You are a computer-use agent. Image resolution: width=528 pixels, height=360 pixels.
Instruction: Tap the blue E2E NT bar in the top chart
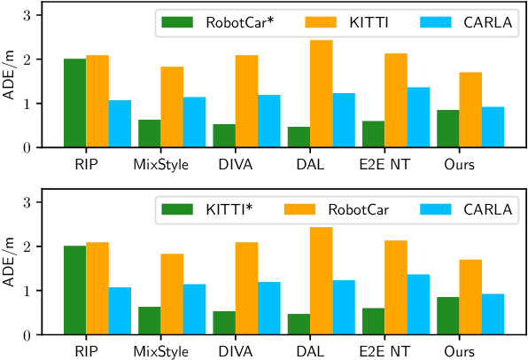(x=417, y=117)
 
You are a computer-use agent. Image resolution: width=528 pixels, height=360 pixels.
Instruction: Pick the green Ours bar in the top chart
(x=447, y=129)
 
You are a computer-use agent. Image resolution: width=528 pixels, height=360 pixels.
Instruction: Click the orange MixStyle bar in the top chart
(x=172, y=107)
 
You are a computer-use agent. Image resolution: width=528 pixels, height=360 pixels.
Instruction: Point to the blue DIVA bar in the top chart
(x=268, y=121)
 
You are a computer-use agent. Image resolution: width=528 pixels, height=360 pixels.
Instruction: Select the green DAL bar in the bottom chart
(x=299, y=324)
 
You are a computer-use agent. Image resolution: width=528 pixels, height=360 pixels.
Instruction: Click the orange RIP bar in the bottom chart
(x=97, y=288)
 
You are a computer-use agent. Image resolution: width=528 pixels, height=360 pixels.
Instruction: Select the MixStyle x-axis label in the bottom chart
(x=161, y=351)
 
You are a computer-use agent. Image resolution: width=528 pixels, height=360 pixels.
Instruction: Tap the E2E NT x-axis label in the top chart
(x=384, y=164)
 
